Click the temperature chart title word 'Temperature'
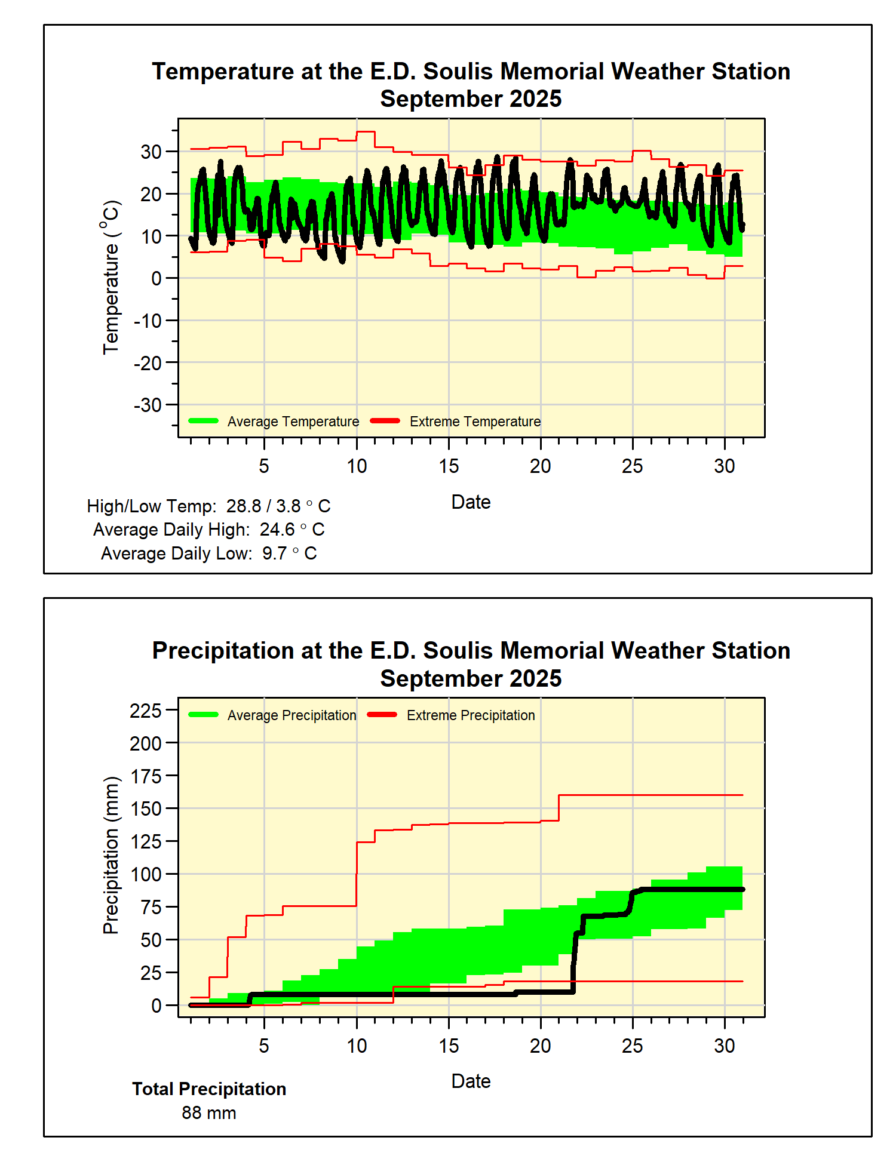tap(223, 72)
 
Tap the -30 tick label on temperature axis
tap(148, 405)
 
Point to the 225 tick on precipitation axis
tap(146, 711)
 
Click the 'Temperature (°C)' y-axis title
tap(111, 278)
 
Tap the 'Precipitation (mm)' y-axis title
tap(111, 855)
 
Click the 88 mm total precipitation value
tap(209, 1113)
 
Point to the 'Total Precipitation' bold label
tap(209, 1089)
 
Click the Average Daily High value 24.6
tap(277, 530)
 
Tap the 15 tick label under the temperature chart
tap(449, 466)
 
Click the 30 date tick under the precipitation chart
tap(724, 1046)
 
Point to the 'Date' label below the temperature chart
tap(471, 502)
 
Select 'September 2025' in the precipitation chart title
tap(471, 679)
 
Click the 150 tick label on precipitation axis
tap(146, 809)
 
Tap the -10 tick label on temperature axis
tap(148, 321)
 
